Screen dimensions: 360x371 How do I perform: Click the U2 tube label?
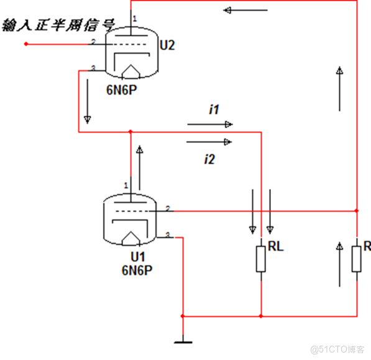tap(167, 45)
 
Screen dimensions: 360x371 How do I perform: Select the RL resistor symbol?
tap(261, 259)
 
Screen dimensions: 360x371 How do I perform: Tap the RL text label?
tap(275, 246)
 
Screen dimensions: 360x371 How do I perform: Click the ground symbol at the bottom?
tap(183, 339)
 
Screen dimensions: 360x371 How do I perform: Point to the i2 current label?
tap(209, 160)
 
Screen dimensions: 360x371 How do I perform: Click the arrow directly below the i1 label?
tap(209, 124)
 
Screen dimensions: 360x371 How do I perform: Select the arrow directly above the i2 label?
tap(209, 142)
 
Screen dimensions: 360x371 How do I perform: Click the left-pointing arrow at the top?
tap(245, 10)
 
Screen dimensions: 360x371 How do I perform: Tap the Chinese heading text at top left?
tap(59, 26)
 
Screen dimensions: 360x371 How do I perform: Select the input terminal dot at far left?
tap(26, 44)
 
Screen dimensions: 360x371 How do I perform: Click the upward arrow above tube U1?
tap(140, 159)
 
